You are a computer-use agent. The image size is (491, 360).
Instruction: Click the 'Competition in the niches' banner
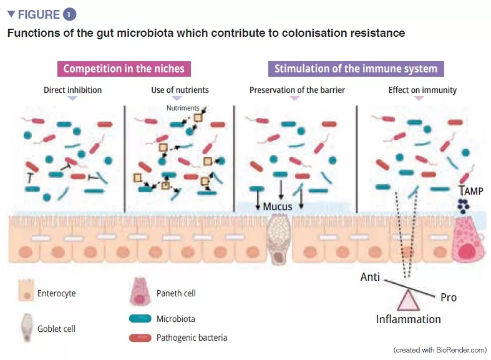(x=124, y=69)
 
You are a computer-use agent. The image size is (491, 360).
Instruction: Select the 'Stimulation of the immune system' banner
(x=356, y=69)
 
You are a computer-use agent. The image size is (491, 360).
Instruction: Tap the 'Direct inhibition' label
(x=72, y=90)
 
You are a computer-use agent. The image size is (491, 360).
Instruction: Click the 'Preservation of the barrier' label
(x=297, y=90)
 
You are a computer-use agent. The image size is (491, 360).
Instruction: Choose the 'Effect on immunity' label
(x=422, y=90)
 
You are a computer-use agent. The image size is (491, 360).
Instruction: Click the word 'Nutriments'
(x=183, y=108)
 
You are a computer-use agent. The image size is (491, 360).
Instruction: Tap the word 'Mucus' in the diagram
(x=278, y=207)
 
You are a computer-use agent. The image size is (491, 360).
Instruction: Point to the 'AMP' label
(x=472, y=191)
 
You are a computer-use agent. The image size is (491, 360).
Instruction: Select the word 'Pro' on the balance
(x=448, y=298)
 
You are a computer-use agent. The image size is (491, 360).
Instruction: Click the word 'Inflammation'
(x=408, y=319)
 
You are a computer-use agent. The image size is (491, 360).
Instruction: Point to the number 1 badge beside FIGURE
(x=69, y=14)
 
